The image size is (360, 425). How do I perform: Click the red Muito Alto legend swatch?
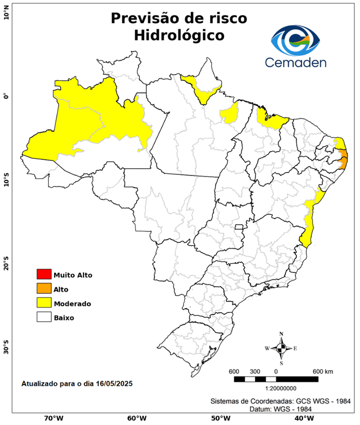click(43, 274)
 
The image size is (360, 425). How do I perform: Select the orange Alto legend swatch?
click(43, 288)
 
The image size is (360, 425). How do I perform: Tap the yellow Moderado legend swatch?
click(43, 303)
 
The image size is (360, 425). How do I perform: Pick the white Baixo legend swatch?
click(43, 317)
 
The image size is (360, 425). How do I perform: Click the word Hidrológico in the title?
click(179, 35)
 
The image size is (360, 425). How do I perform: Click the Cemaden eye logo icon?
click(295, 39)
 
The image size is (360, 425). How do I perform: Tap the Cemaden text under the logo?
click(295, 63)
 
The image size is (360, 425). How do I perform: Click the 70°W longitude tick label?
click(54, 418)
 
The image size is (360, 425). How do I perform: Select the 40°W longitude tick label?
click(303, 418)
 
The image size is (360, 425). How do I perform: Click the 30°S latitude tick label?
click(6, 351)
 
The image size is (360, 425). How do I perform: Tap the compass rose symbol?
click(281, 348)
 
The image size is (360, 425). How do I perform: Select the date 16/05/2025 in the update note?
click(114, 383)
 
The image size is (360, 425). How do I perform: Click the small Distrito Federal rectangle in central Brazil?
click(239, 227)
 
